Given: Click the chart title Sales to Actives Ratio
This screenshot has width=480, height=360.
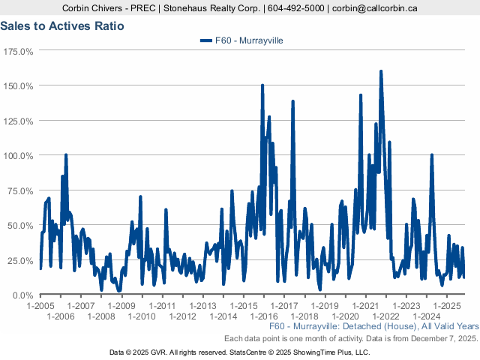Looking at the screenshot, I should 62,25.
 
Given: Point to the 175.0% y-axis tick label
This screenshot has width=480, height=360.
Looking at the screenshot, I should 18,51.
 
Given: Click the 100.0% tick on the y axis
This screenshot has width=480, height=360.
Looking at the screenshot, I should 18,155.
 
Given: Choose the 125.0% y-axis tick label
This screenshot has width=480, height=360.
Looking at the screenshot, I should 18,121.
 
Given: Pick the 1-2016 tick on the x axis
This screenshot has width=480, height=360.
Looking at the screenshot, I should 264,316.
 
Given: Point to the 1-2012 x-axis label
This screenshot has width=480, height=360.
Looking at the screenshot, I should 182,316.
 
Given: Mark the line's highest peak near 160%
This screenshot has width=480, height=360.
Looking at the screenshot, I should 381,72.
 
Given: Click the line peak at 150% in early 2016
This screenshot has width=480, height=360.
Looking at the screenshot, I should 262,85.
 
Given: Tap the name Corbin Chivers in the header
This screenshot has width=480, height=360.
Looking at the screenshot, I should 94,8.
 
